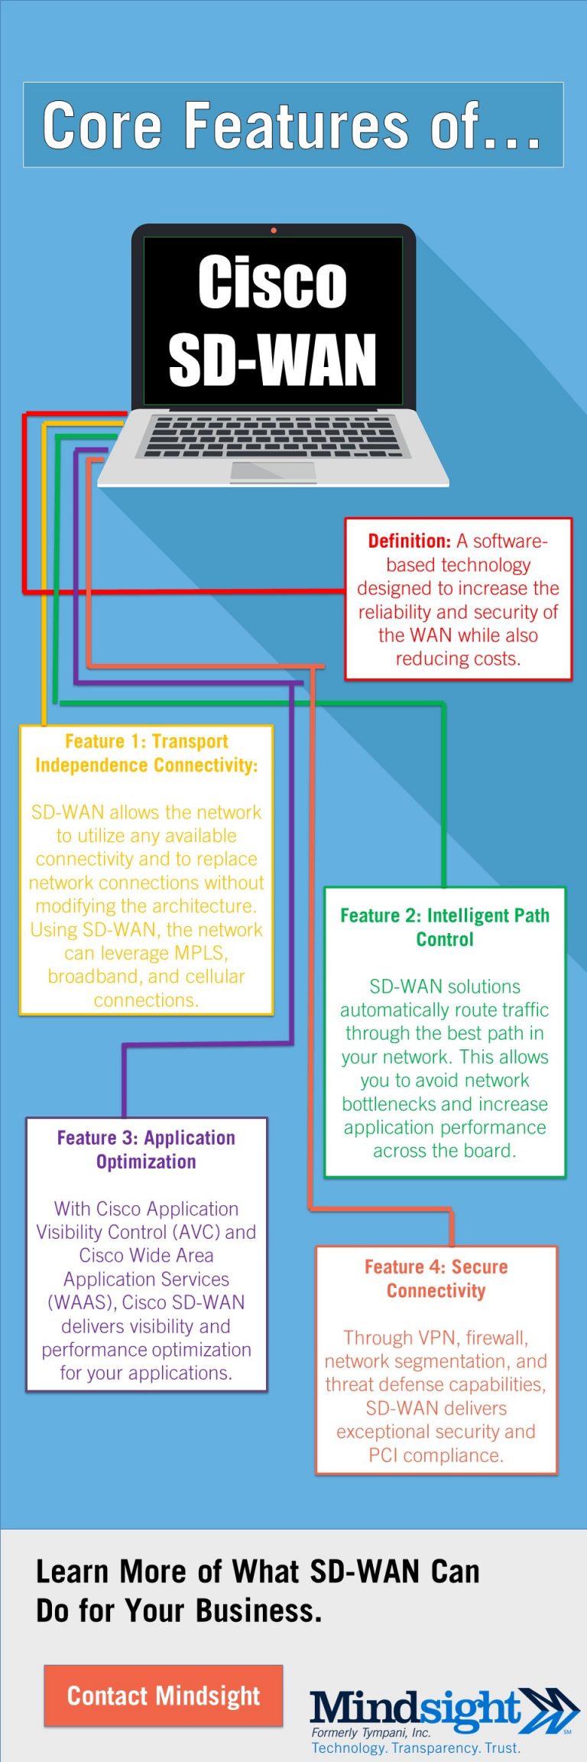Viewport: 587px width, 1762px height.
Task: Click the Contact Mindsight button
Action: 164,1695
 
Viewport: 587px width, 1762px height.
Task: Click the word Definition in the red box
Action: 409,541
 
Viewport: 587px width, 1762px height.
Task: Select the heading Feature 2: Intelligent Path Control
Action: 445,927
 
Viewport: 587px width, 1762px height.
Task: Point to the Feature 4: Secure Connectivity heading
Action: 436,1279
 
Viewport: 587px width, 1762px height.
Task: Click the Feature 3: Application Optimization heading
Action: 146,1149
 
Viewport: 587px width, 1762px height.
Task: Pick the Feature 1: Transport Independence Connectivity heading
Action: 147,753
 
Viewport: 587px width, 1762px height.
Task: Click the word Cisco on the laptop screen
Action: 272,282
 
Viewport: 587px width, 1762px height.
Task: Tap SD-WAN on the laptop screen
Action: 272,359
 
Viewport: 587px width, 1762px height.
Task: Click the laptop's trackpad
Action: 273,471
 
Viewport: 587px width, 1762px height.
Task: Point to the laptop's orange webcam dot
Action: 274,230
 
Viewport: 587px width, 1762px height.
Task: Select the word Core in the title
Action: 102,125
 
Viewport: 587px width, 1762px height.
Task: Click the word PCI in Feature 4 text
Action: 383,1455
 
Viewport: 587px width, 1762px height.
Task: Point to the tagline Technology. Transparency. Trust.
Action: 415,1747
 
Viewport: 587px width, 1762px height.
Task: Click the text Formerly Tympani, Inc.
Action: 371,1732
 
